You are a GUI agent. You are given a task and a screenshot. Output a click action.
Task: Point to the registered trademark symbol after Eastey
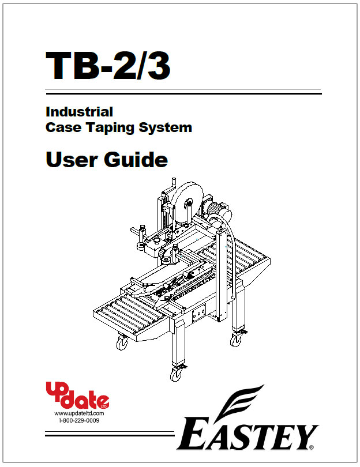coord(312,447)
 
